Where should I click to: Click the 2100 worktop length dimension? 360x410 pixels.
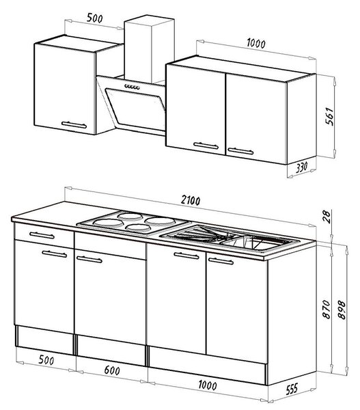tap(191, 200)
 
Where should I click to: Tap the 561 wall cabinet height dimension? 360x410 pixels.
tap(329, 116)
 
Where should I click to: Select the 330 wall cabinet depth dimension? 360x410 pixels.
tap(301, 167)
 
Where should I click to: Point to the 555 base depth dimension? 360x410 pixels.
tap(292, 389)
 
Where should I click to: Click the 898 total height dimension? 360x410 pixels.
tap(342, 310)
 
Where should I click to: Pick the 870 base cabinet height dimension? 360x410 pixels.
tap(327, 310)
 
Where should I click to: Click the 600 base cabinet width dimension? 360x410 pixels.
tap(112, 370)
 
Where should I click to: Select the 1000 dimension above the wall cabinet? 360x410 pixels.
tap(256, 44)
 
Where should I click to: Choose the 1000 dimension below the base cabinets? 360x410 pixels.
tap(207, 385)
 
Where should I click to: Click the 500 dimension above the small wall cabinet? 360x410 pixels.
tap(95, 18)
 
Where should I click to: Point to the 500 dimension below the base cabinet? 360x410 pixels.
tap(46, 360)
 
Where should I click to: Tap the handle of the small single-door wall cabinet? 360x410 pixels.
tap(74, 125)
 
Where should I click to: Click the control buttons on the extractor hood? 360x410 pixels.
tap(132, 87)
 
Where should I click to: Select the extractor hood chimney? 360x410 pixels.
tap(150, 49)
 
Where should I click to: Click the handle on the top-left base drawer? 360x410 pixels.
tap(42, 235)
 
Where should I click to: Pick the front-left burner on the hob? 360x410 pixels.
tap(108, 223)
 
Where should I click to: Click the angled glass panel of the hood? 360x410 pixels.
tap(135, 109)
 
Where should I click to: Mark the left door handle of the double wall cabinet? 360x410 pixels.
tap(206, 146)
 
